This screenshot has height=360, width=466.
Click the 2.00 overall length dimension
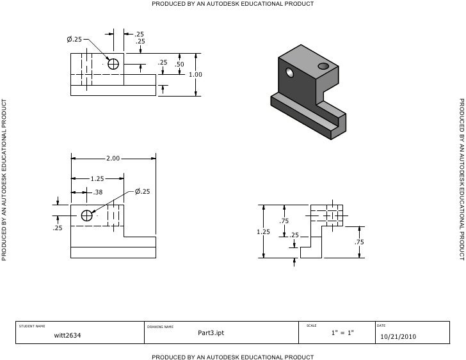click(x=113, y=158)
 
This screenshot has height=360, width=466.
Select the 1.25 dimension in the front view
click(x=97, y=179)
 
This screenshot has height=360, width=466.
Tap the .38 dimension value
click(x=98, y=192)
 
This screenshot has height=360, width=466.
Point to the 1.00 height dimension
click(x=196, y=74)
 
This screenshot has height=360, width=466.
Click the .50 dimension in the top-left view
click(x=179, y=65)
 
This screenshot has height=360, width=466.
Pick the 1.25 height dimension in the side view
click(x=263, y=232)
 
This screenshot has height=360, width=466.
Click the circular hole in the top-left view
click(x=113, y=64)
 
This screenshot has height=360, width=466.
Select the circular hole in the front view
click(x=86, y=215)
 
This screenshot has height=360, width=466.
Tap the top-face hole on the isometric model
click(x=323, y=65)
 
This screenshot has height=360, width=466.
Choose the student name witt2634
click(x=67, y=335)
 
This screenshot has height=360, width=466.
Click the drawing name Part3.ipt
click(x=211, y=333)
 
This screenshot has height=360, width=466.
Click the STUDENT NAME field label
click(x=32, y=326)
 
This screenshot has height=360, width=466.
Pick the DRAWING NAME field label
click(x=160, y=327)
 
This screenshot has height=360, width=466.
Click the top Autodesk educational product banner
click(x=232, y=4)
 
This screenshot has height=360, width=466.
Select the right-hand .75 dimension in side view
click(x=359, y=242)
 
